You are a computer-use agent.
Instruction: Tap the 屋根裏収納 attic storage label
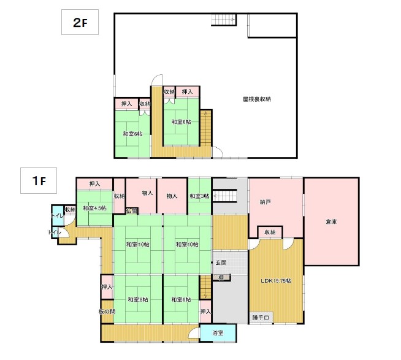pyautogui.click(x=256, y=99)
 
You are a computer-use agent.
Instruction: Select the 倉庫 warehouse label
pyautogui.click(x=330, y=222)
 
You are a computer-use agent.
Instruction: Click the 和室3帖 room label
pyautogui.click(x=199, y=196)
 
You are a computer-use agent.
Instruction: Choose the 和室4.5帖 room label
pyautogui.click(x=94, y=209)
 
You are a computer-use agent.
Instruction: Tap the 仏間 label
pyautogui.click(x=132, y=211)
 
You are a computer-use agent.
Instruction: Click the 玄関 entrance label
pyautogui.click(x=221, y=262)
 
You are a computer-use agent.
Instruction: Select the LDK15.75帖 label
pyautogui.click(x=275, y=281)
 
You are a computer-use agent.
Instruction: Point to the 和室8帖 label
pyautogui.click(x=137, y=299)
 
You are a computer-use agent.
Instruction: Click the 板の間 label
pyautogui.click(x=106, y=312)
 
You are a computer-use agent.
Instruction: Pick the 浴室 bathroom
pyautogui.click(x=218, y=333)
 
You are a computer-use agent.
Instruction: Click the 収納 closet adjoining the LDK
pyautogui.click(x=270, y=232)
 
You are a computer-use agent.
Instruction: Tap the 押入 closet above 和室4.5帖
pyautogui.click(x=94, y=184)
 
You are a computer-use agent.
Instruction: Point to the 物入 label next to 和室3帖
pyautogui.click(x=172, y=196)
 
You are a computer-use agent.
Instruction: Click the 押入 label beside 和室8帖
pyautogui.click(x=107, y=287)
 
